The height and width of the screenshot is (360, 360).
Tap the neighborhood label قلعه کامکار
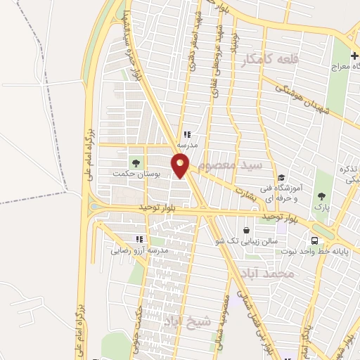269,61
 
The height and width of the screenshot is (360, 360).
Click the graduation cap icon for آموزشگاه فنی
281,178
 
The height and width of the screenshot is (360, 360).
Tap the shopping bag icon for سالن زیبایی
246,230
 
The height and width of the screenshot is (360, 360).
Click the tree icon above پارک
322,197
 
